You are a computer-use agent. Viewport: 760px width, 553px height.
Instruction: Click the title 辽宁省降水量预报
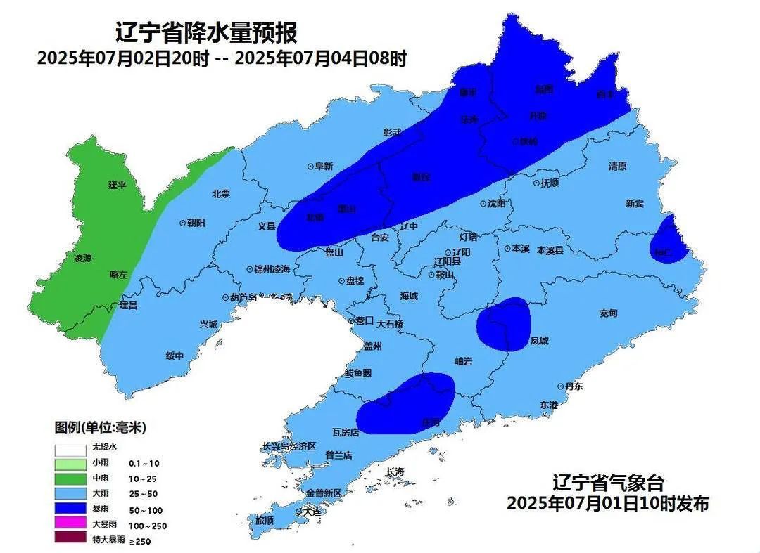pyautogui.click(x=206, y=32)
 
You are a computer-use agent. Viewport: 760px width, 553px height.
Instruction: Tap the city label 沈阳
pyautogui.click(x=497, y=203)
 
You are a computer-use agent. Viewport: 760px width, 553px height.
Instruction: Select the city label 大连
pyautogui.click(x=312, y=512)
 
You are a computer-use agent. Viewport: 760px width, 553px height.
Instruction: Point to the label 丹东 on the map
pyautogui.click(x=574, y=386)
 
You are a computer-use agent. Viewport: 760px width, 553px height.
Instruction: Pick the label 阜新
pyautogui.click(x=324, y=167)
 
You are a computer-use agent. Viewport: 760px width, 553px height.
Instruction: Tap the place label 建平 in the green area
pyautogui.click(x=117, y=185)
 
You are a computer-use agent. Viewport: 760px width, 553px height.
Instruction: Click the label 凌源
pyautogui.click(x=83, y=258)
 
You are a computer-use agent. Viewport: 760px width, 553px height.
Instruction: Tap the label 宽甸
pyautogui.click(x=608, y=312)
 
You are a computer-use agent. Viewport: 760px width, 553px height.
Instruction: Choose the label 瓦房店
pyautogui.click(x=346, y=433)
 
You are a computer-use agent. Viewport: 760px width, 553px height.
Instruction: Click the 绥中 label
pyautogui.click(x=175, y=356)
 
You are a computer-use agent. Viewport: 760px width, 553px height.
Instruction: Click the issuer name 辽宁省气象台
pyautogui.click(x=608, y=483)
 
